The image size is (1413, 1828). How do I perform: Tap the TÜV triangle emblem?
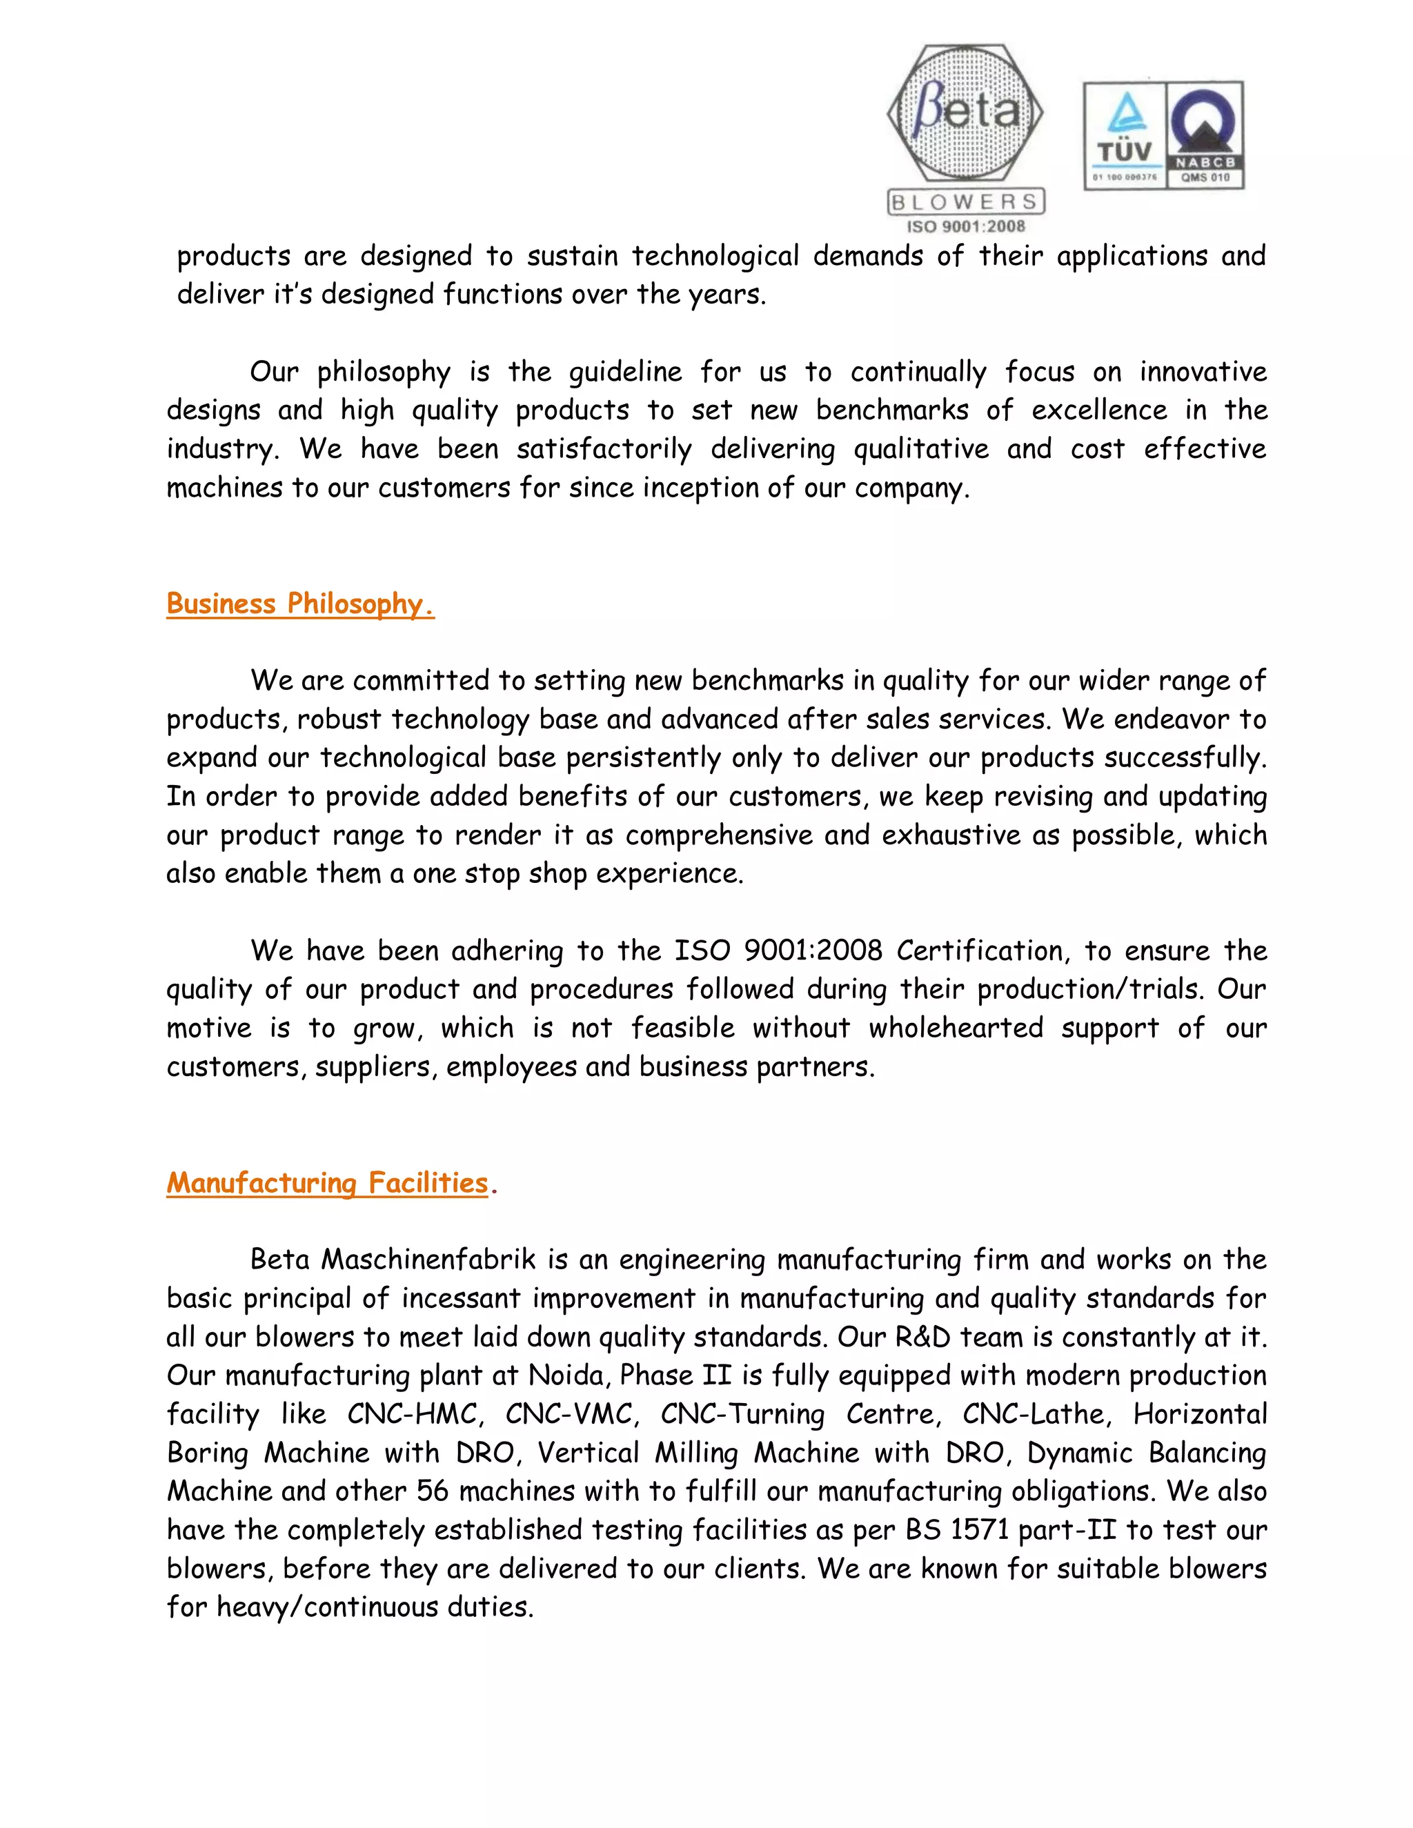(1124, 113)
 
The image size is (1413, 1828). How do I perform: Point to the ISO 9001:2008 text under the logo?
(966, 226)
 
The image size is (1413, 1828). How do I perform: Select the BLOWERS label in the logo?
(965, 201)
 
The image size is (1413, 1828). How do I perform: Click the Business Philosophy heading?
(299, 604)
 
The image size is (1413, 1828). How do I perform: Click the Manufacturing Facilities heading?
(327, 1182)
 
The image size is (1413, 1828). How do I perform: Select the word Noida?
(566, 1375)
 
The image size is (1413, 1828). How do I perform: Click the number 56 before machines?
(433, 1491)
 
